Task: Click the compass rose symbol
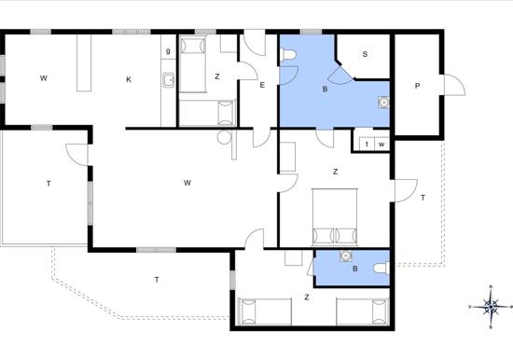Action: point(491,307)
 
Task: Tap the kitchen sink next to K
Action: point(169,80)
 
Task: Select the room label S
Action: point(365,54)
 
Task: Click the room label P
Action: point(417,86)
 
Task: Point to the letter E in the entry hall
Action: point(262,85)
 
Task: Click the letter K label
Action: point(129,79)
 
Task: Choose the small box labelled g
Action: point(169,50)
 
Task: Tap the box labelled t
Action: point(367,144)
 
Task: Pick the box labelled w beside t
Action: point(381,144)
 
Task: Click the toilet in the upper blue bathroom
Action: point(288,55)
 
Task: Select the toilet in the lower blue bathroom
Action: point(381,269)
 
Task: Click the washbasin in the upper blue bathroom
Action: point(383,103)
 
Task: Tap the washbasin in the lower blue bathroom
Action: point(345,256)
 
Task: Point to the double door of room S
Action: point(340,76)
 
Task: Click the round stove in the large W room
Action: point(224,137)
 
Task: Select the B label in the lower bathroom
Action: point(355,269)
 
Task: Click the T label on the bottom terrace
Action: point(157,280)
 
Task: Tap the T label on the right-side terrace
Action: point(423,198)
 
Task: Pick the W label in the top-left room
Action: point(44,78)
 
